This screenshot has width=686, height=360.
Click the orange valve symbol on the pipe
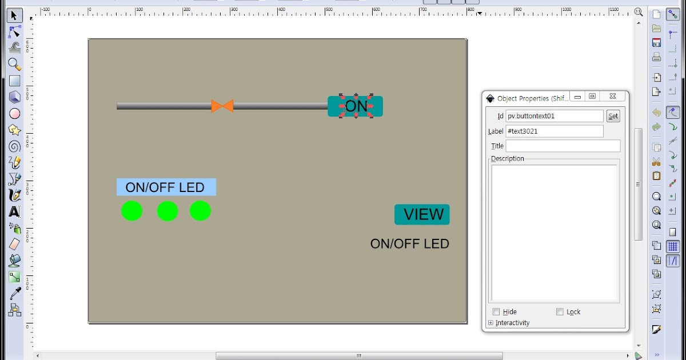[x=222, y=106]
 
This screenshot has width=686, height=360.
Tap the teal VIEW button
[x=422, y=214]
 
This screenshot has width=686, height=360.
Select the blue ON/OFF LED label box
[x=166, y=187]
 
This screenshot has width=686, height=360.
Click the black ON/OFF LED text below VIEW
[x=409, y=244]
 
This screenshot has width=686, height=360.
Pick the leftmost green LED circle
[x=131, y=211]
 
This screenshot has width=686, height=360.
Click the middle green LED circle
[x=167, y=211]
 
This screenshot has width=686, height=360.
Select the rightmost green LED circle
[x=200, y=211]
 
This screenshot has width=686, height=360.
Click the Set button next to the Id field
[x=613, y=116]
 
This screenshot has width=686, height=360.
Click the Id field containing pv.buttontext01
[x=554, y=116]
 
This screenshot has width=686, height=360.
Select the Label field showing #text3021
[x=554, y=131]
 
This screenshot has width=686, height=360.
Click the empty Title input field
[x=563, y=146]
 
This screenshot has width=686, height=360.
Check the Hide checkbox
[x=496, y=312]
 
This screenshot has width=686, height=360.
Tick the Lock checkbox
[x=560, y=312]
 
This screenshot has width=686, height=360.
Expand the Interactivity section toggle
[x=491, y=323]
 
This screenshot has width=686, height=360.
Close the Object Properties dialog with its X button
[x=612, y=97]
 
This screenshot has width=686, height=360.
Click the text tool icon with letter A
[x=14, y=212]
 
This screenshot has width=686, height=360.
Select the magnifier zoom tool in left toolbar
[x=14, y=64]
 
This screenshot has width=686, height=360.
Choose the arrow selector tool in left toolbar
[x=14, y=15]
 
